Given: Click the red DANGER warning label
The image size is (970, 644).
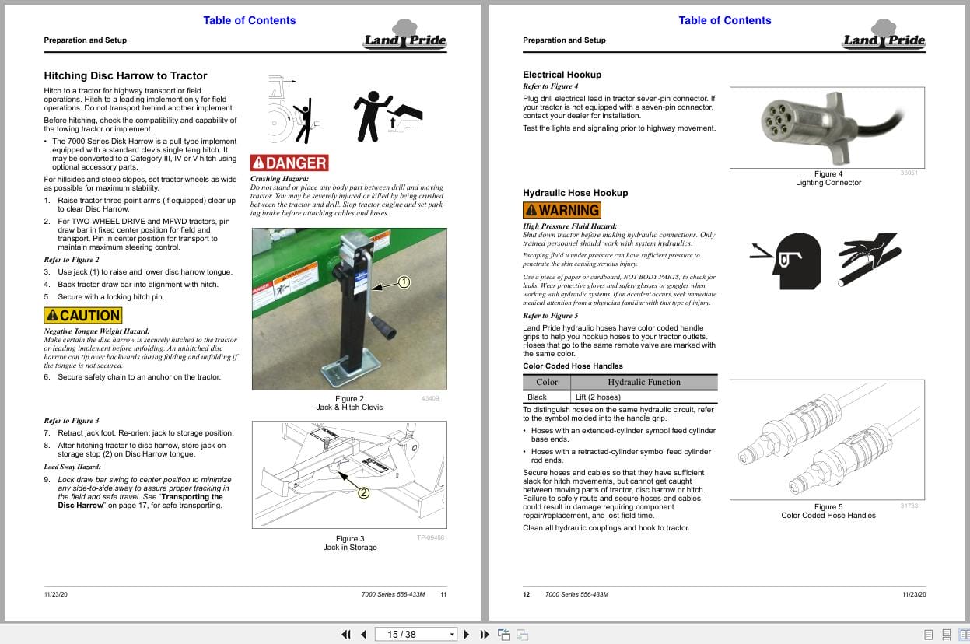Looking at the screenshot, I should pos(289,163).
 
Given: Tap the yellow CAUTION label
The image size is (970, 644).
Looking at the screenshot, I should pos(83,316).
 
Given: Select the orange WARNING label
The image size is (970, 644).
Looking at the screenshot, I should pos(562,210).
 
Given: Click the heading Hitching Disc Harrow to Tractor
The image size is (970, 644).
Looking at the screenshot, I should pos(125,75).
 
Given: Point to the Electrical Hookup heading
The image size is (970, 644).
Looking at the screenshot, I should pos(562,75).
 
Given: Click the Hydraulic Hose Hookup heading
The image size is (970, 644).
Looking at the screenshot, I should pos(575,193).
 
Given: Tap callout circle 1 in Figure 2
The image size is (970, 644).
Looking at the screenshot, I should pos(404,282).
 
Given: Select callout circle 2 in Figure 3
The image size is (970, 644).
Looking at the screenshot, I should pos(363,492).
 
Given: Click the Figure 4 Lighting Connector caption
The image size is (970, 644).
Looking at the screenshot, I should pos(828,178).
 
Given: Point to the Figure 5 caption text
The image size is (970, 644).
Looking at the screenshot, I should pos(828,511).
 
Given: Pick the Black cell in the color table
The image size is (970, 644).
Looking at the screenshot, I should pos(537,397).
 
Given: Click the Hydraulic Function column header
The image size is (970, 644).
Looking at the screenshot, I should pos(643,382).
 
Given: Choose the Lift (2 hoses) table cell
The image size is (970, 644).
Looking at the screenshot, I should pos(597,397).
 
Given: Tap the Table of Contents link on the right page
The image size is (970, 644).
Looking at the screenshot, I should pos(724,20).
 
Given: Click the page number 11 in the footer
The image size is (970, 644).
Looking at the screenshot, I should pos(443,594).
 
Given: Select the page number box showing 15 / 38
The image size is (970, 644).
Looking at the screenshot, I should pos(415,634).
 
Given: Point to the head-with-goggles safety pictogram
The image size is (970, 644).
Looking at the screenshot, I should pos(788,256).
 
